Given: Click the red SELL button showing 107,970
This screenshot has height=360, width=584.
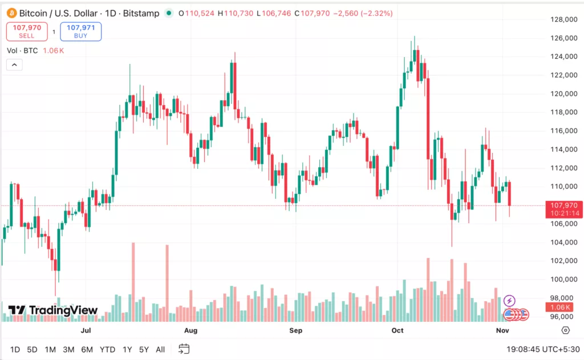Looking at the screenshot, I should point(27,31).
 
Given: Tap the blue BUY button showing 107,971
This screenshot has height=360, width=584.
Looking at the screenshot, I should point(80,31).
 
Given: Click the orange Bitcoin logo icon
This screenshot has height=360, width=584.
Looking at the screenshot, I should point(11,13).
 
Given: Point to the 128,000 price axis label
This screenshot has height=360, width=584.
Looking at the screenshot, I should point(560,20).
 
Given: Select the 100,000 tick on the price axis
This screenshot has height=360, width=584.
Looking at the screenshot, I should point(560,280).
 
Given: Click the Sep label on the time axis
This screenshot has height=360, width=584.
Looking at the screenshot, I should point(295,330).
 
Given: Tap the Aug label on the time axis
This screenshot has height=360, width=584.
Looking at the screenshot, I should point(190,330).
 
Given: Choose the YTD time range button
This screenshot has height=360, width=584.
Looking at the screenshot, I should point(107,349).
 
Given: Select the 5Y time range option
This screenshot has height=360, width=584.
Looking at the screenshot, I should point(144,349).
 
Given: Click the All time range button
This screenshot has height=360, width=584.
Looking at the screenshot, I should point(160,349).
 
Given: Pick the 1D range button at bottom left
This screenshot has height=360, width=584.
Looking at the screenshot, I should point(15,349).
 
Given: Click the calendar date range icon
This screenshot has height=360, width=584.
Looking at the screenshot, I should point(184,349).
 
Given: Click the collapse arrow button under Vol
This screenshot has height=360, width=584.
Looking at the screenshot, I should point(14,65).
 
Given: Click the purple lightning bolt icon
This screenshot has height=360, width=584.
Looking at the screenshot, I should point(510,301).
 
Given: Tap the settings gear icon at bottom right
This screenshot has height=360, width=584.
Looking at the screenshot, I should point(565,330).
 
